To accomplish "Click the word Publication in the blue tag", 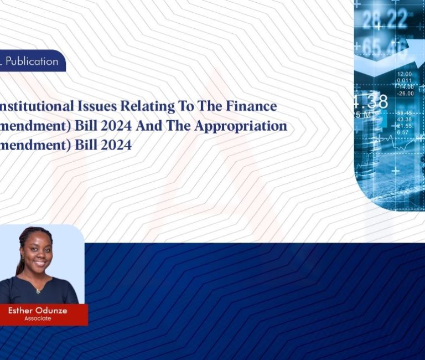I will (x=32, y=61).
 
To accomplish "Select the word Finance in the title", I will (x=247, y=106).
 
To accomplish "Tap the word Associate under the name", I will (x=38, y=318).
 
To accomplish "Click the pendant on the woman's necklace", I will (x=38, y=291).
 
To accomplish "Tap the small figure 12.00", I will (x=405, y=74).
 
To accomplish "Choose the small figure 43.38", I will (x=405, y=120).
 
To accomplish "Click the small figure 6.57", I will (x=403, y=132).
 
